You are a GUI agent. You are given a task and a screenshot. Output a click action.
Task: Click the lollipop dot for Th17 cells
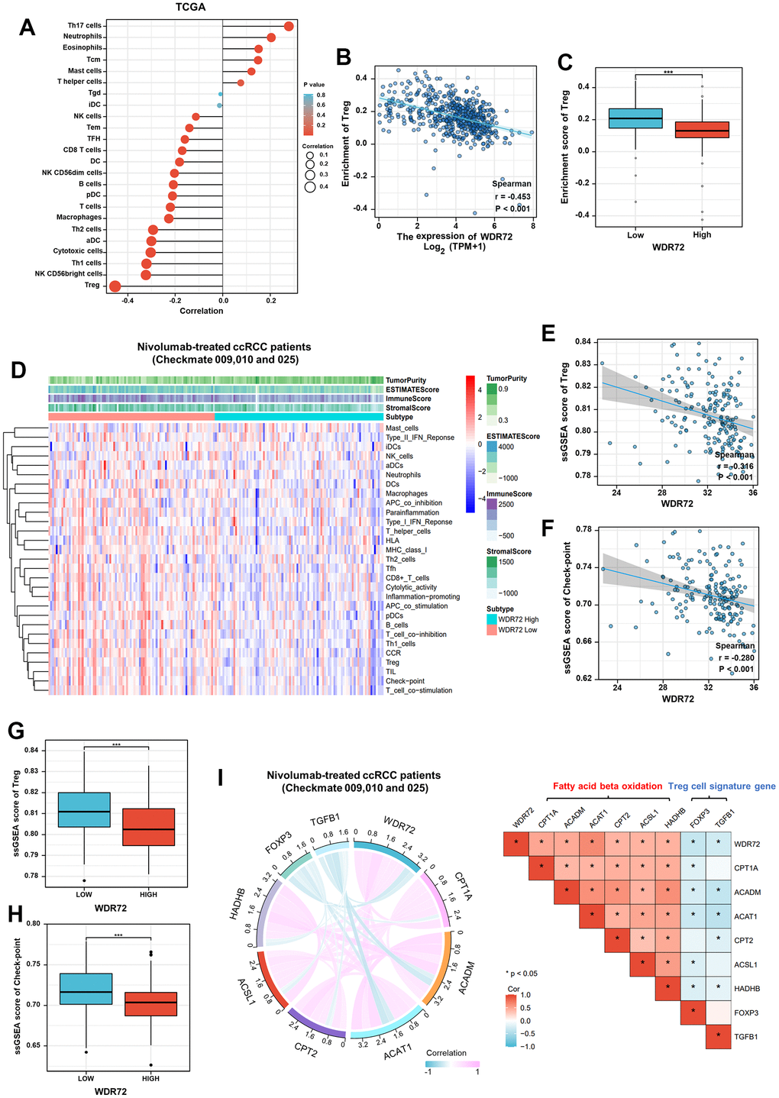coord(289,27)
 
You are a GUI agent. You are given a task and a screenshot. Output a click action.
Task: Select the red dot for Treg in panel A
coord(115,286)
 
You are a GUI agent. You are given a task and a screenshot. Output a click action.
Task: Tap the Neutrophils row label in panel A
coord(83,37)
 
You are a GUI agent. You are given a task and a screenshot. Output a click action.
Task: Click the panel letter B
coord(344,56)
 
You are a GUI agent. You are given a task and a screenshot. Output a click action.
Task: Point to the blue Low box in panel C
coord(635,118)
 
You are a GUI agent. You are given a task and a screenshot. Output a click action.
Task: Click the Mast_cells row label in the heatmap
coord(402,428)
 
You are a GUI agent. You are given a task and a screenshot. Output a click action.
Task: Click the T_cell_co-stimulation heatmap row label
coord(419,690)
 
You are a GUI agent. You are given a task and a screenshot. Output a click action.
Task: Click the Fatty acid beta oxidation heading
coord(608,786)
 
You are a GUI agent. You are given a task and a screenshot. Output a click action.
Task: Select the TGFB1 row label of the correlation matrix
coord(745,1037)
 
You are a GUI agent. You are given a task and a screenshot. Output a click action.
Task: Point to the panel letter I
coord(221,777)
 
